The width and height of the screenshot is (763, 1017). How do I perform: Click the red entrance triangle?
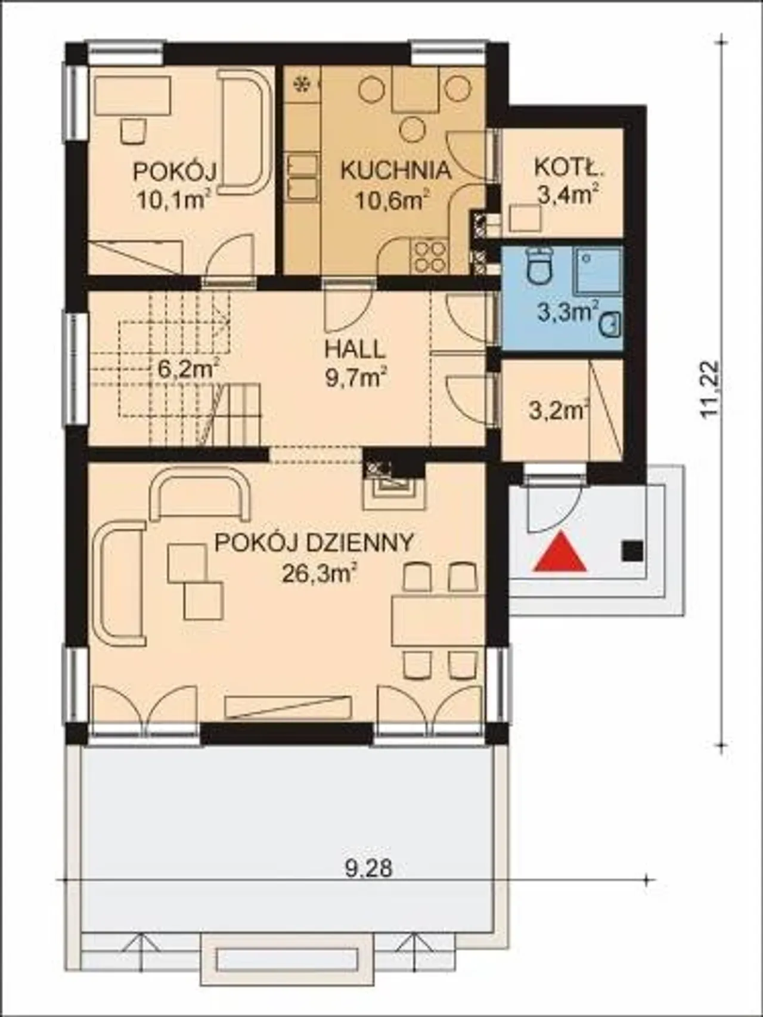tap(560, 555)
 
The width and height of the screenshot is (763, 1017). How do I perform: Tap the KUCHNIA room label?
tap(395, 170)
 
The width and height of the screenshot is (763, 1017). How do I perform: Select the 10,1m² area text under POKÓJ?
tap(173, 200)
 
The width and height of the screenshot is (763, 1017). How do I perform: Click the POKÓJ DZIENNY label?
tap(314, 543)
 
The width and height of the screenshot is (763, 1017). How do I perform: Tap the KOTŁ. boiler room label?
tap(569, 168)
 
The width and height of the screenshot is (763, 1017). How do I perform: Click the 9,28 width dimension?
tap(369, 868)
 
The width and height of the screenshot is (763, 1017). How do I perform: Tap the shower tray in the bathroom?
tap(598, 271)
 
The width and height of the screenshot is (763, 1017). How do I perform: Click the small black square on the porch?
tap(632, 551)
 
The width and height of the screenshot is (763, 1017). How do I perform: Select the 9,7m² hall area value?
tap(356, 377)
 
